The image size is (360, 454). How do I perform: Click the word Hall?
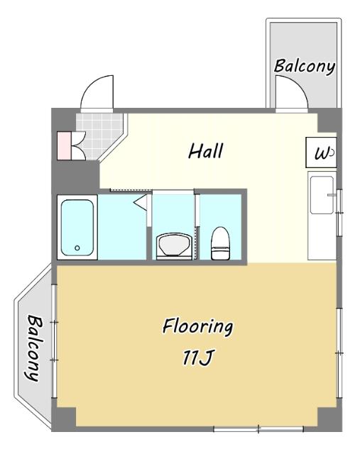(206, 151)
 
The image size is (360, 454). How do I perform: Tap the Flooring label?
(197, 326)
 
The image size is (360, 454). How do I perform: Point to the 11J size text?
(198, 358)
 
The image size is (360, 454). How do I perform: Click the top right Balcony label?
(305, 66)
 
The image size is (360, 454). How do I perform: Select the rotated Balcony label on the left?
(33, 348)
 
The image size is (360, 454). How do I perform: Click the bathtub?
(77, 227)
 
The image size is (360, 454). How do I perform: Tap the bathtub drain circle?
(77, 248)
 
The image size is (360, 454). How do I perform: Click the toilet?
(220, 243)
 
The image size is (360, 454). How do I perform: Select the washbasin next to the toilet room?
(174, 245)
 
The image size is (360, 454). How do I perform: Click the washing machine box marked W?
(321, 153)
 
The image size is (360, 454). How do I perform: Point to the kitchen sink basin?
(322, 195)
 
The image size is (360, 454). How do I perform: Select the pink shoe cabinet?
(64, 145)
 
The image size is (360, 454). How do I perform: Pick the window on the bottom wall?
(258, 428)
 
